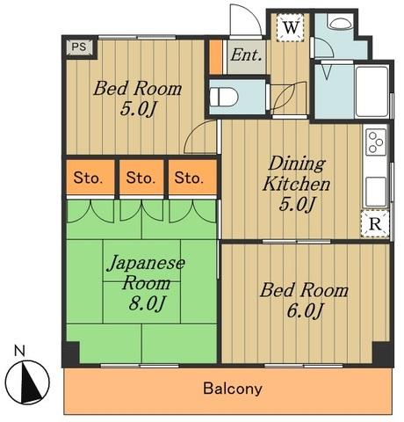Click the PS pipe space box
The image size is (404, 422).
79,47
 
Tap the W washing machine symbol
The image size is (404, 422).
291,27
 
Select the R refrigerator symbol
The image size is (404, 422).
375,224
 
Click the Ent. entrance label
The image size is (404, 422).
246,55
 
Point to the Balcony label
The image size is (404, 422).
233,389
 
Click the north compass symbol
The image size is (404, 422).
27,382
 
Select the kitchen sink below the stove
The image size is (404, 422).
376,191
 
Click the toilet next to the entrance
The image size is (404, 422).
224,97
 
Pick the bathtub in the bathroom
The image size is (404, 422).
372,91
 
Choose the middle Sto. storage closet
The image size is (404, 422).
141,177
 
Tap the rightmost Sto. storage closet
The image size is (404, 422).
192,177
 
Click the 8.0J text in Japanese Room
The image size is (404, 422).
146,304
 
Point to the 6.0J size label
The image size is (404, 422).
305,311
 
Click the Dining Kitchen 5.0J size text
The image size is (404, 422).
297,204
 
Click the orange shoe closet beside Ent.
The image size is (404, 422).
216,57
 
